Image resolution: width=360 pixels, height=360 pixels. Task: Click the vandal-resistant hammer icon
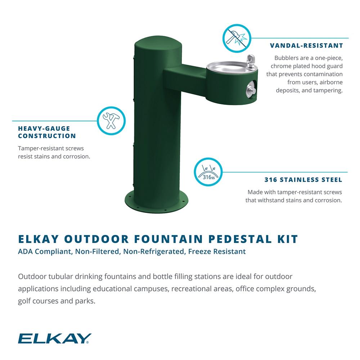(237, 39)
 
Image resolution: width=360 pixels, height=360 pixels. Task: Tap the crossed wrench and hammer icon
(111, 121)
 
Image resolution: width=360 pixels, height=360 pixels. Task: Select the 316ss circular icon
(208, 172)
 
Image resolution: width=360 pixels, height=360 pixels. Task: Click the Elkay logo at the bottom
(55, 338)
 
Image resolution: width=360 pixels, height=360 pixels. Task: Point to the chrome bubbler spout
(250, 61)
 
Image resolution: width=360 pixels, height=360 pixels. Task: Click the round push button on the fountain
(251, 89)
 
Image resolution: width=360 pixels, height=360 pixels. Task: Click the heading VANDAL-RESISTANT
(306, 46)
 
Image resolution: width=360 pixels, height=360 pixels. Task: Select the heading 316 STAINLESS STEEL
(303, 180)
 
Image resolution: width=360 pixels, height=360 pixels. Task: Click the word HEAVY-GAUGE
(44, 129)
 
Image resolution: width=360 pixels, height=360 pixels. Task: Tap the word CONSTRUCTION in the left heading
(47, 136)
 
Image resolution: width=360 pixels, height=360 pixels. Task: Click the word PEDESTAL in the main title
(240, 239)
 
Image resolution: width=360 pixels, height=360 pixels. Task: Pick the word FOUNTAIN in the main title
(168, 239)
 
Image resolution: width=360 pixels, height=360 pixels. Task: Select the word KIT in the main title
(287, 239)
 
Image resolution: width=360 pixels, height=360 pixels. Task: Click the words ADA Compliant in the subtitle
(45, 252)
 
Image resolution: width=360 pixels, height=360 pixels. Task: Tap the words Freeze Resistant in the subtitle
(217, 252)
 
